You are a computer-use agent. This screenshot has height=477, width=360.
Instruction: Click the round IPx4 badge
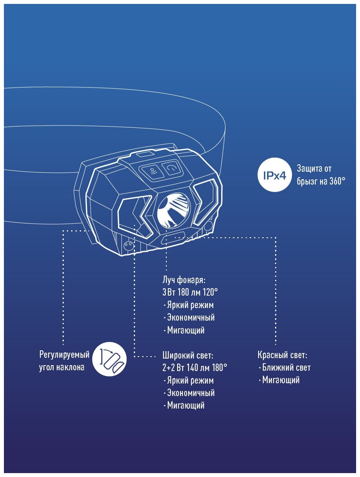point(274,176)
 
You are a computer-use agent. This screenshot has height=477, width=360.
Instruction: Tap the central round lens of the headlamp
point(173,212)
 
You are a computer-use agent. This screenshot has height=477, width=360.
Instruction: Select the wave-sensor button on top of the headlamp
point(152,170)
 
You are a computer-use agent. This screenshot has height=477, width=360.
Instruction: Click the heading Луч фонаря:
point(184,280)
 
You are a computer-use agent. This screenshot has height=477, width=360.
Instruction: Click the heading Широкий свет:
point(187,355)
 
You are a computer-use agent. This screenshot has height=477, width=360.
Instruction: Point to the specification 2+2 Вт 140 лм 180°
point(194,368)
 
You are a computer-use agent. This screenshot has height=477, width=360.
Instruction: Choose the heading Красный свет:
point(282,355)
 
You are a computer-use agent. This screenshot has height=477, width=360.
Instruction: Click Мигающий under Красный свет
point(281,380)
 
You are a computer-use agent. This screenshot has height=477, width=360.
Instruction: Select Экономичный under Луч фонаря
point(191,317)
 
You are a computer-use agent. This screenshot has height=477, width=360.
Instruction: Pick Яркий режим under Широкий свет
point(190,380)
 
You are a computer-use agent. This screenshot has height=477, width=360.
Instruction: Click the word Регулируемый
point(64,355)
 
